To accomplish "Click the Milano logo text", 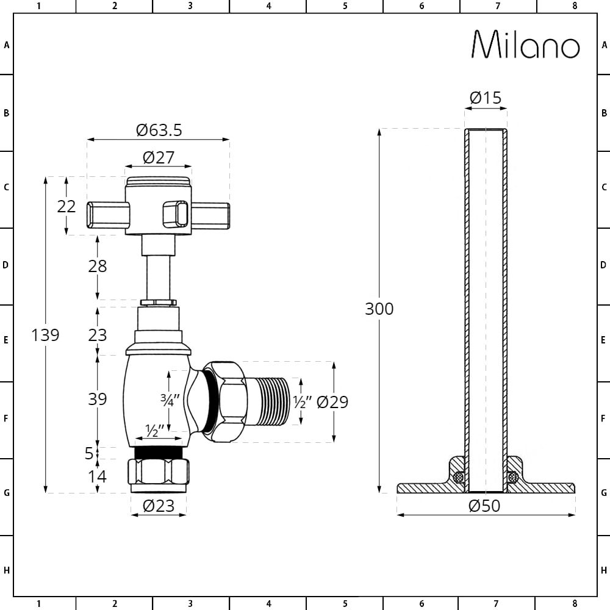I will tap(526, 45).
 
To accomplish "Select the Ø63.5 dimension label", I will tap(159, 130).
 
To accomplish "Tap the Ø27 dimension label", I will tap(159, 157).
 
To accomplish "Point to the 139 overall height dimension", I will tap(45, 335).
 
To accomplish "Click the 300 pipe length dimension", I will tap(379, 309).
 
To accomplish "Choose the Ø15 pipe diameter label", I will tap(486, 98).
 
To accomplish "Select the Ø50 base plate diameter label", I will tap(485, 506).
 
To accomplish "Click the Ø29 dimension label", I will tap(332, 402).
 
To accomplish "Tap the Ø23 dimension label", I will tap(159, 506).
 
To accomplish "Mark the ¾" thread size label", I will tap(169, 401).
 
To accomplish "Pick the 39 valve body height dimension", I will tap(97, 399).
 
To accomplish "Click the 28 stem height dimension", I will tap(97, 266).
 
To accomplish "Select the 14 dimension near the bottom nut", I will tap(97, 476).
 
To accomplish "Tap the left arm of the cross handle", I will tap(108, 214).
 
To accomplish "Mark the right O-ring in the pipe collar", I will tap(513, 476).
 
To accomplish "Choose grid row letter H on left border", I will tap(7, 570).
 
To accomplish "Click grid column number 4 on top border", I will tap(268, 6).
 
